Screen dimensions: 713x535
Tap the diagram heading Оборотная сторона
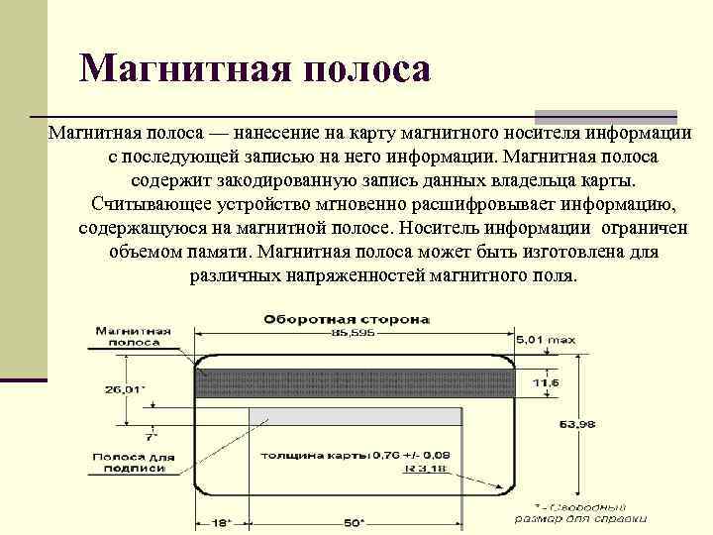coord(346,320)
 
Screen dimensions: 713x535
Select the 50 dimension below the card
coord(354,522)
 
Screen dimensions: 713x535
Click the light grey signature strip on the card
coord(327,415)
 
